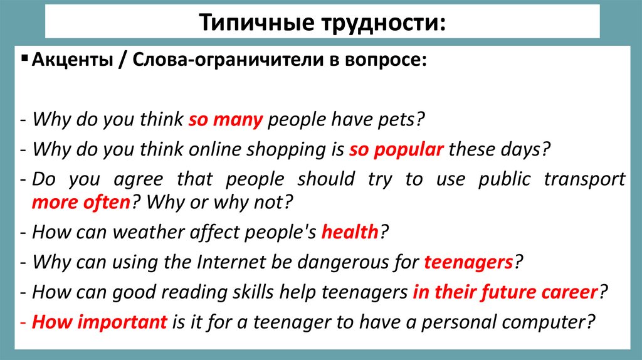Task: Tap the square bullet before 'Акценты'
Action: (x=24, y=59)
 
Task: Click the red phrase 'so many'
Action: (x=225, y=119)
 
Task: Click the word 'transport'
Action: (x=584, y=179)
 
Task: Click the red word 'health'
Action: (x=350, y=232)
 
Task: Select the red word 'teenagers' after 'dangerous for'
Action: (x=468, y=262)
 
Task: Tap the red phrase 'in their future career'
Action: (x=505, y=292)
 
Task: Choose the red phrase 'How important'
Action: (x=100, y=322)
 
